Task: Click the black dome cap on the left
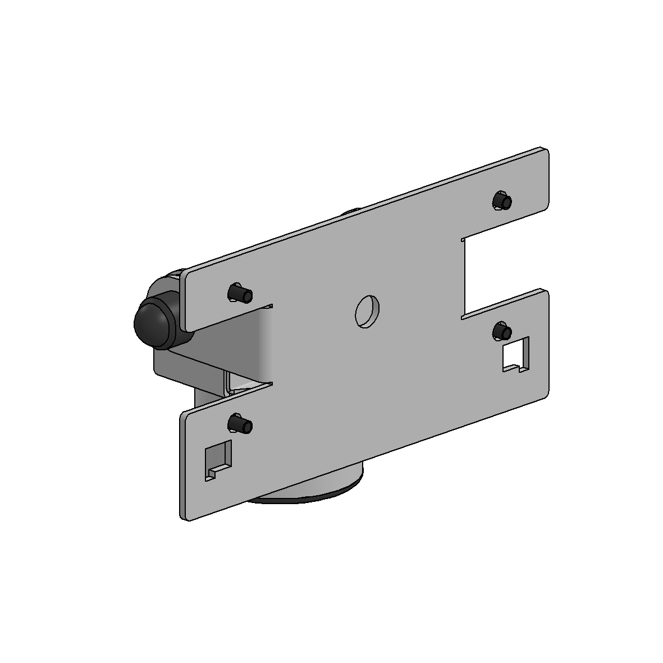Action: click(x=152, y=320)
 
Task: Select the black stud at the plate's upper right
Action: click(x=502, y=201)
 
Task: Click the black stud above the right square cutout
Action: click(x=501, y=331)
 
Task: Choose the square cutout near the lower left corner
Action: click(x=219, y=458)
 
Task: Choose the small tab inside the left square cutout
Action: click(x=212, y=473)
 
